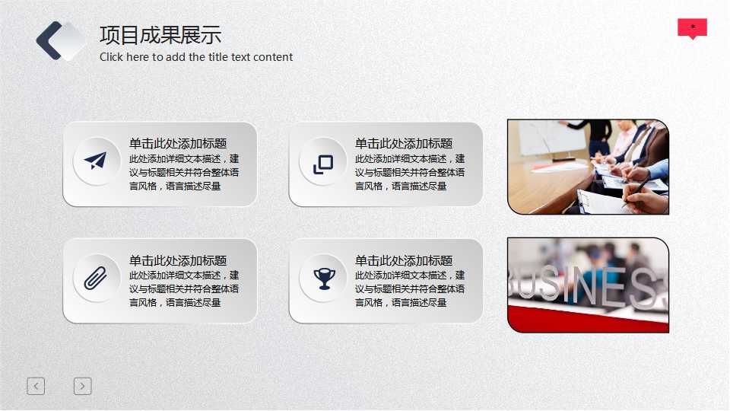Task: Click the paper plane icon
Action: tap(96, 161)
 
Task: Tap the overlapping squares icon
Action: tap(323, 164)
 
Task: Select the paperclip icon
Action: tap(96, 279)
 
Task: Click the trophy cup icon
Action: tap(323, 279)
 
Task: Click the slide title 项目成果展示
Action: tap(160, 35)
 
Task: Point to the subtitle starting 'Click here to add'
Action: tap(195, 57)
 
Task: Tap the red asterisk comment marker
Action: tap(692, 28)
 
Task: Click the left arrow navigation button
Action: tap(36, 386)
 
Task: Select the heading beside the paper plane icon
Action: tap(177, 143)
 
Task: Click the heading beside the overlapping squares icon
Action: tap(403, 143)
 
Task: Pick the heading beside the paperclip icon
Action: tap(177, 260)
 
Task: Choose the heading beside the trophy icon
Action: tap(403, 260)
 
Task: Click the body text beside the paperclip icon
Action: tap(183, 289)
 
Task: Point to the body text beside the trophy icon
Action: tap(409, 289)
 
